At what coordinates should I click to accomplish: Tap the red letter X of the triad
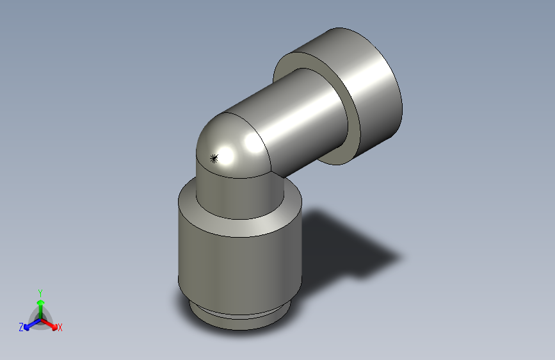(x=60, y=328)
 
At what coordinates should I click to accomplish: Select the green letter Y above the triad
(x=40, y=291)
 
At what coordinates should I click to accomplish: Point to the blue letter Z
(x=21, y=327)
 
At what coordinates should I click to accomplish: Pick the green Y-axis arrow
(x=40, y=306)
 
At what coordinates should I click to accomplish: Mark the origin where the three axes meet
(x=40, y=318)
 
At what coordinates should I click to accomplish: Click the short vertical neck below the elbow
(x=237, y=195)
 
